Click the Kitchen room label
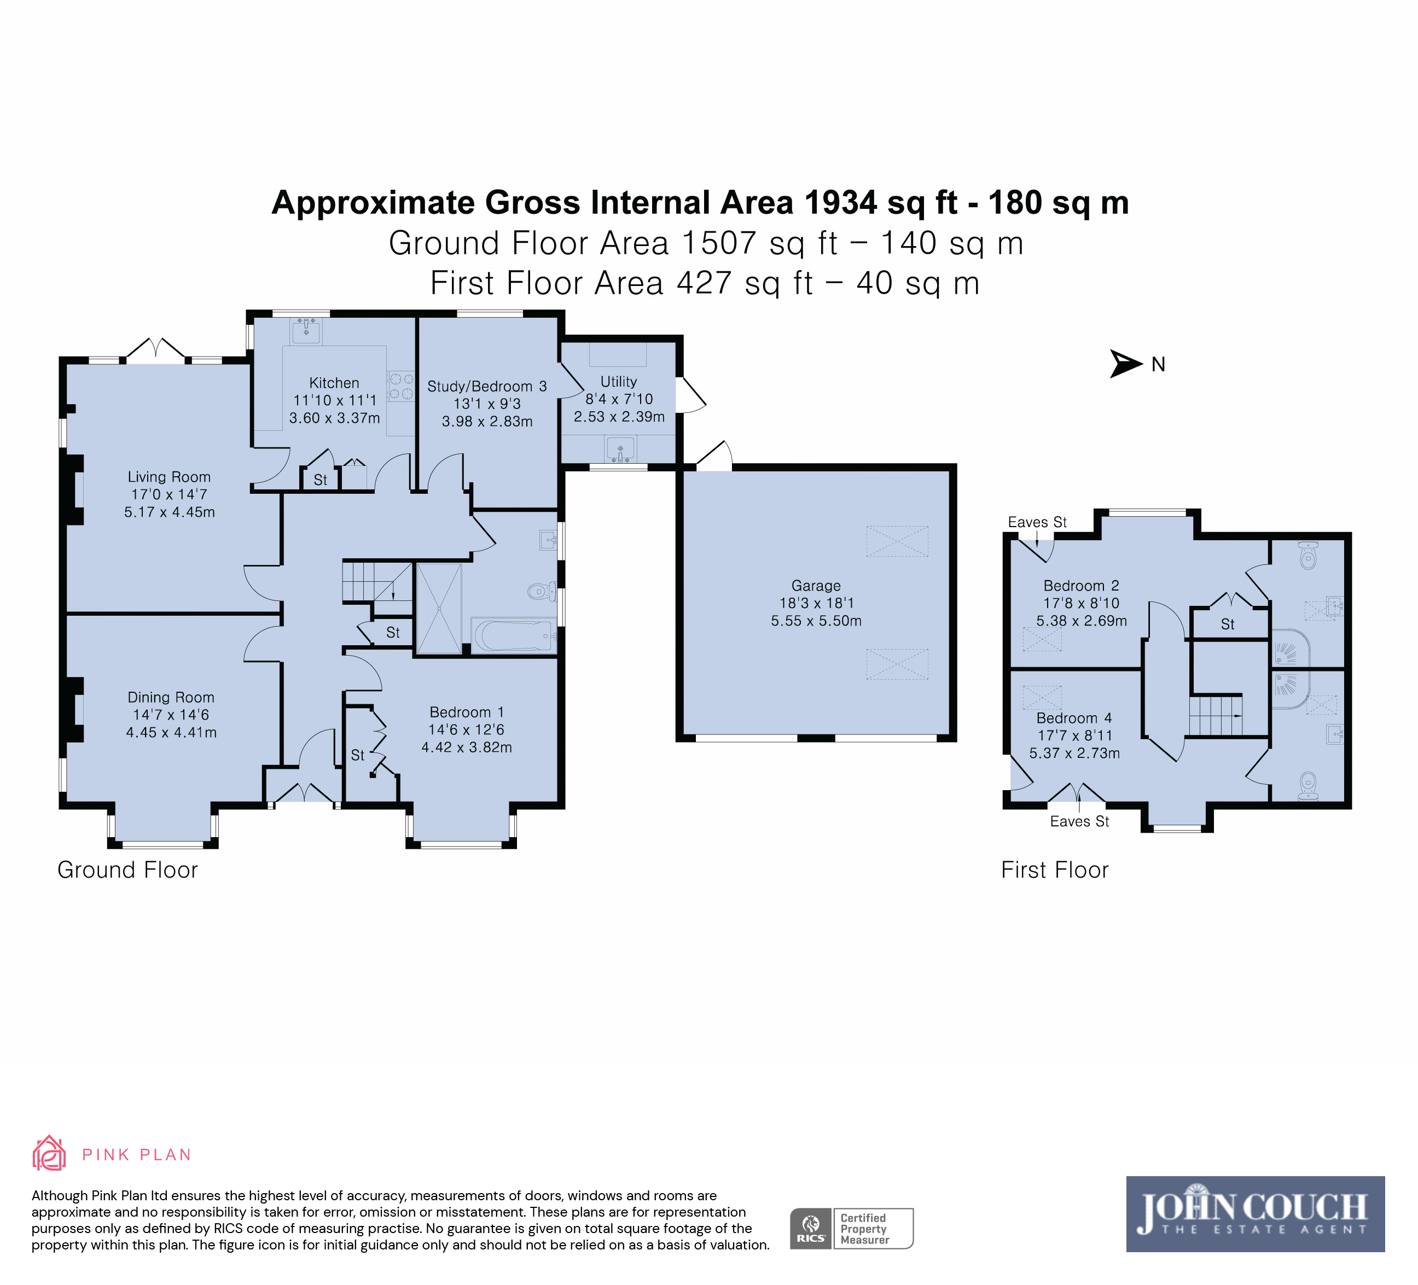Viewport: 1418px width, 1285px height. pyautogui.click(x=334, y=383)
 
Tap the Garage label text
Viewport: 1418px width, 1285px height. pyautogui.click(x=816, y=586)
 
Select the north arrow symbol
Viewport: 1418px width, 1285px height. pyautogui.click(x=1125, y=364)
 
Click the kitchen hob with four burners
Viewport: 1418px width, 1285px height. pyautogui.click(x=401, y=386)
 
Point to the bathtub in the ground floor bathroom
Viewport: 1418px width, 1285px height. pyautogui.click(x=514, y=636)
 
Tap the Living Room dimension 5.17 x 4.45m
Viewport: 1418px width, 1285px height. pyautogui.click(x=170, y=512)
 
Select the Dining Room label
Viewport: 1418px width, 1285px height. pyautogui.click(x=171, y=697)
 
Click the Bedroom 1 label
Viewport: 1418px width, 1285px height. pyautogui.click(x=466, y=712)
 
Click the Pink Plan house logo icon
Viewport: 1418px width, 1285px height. pyautogui.click(x=49, y=1154)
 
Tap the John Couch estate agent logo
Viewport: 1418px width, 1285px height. pyautogui.click(x=1256, y=1214)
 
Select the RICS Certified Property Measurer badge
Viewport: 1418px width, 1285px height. pyautogui.click(x=852, y=1229)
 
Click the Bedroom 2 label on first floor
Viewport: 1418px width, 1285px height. pyautogui.click(x=1081, y=586)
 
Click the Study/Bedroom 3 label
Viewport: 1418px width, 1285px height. pyautogui.click(x=487, y=387)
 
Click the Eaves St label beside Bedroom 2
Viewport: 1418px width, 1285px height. pyautogui.click(x=1037, y=522)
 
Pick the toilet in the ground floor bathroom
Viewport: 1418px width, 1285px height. pyautogui.click(x=542, y=591)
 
